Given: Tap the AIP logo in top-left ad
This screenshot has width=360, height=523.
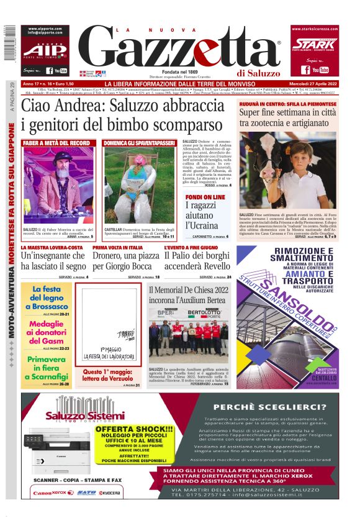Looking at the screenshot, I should (42, 50).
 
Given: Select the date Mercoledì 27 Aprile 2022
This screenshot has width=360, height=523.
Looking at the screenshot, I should (309, 84).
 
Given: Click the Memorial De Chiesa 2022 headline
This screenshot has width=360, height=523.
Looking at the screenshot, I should (188, 294).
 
